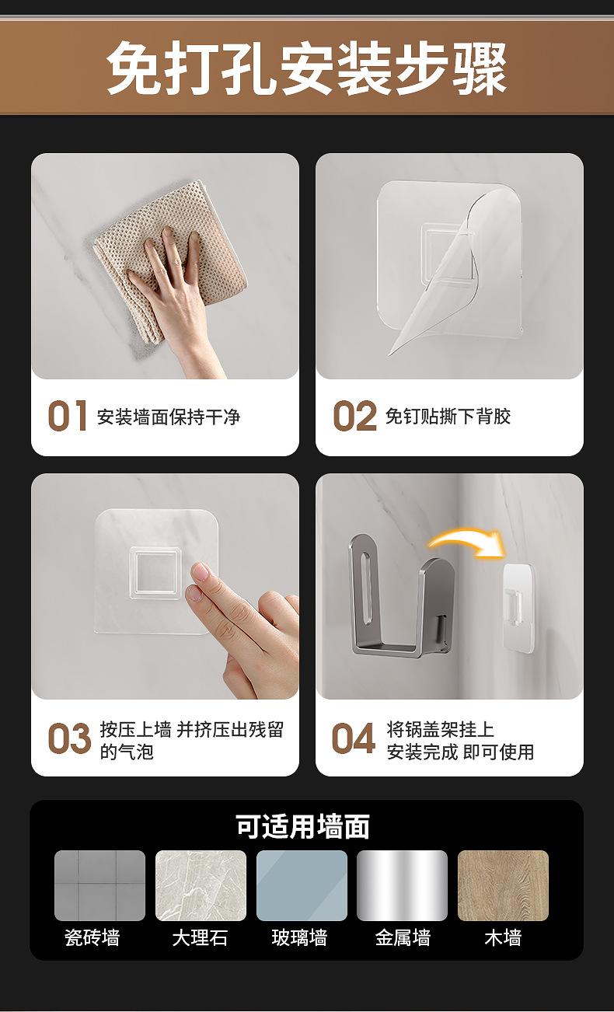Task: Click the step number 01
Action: point(67,416)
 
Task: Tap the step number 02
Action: point(354,416)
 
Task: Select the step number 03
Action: point(69,738)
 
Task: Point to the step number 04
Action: point(353,738)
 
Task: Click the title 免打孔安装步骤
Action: point(307,68)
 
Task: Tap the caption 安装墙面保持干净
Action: point(169,417)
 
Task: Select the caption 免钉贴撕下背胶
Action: point(448,416)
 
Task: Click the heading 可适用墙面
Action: point(302,827)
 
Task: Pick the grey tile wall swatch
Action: point(99,885)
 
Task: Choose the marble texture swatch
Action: point(201,885)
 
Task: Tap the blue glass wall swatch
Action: point(302,885)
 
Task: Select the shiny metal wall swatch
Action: point(402,885)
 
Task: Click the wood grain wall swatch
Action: point(503,885)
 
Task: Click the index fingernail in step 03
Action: point(201,571)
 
